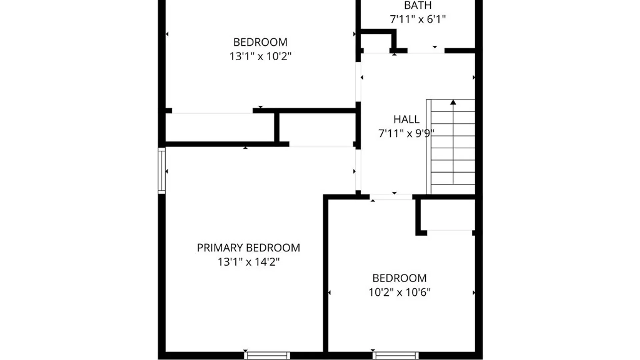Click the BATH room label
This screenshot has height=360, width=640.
pos(418,5)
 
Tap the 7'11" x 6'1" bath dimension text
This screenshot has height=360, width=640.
pos(418,19)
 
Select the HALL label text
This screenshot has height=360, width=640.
pos(406,119)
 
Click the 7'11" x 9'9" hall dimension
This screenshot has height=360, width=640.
pos(406,134)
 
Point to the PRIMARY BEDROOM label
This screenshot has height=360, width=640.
pos(248,248)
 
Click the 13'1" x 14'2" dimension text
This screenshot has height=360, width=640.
pos(248,262)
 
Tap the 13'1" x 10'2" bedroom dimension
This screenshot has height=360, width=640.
pos(260,56)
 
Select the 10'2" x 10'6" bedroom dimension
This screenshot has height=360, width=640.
pos(399,292)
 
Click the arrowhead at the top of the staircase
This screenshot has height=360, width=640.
pos(453,102)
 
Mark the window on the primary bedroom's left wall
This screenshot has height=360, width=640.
pos(162,171)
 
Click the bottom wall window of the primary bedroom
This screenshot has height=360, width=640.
pos(267,355)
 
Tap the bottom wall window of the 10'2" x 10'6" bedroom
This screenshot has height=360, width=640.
pos(396,355)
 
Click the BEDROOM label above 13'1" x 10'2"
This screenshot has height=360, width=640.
pos(260,42)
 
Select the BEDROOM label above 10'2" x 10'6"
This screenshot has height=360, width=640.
pos(399,278)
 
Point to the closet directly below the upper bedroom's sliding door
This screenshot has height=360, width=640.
pos(220,128)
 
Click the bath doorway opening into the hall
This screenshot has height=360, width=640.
pos(426,51)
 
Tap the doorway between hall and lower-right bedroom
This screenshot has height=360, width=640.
pos(391,197)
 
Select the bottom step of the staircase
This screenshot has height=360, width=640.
pos(453,188)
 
